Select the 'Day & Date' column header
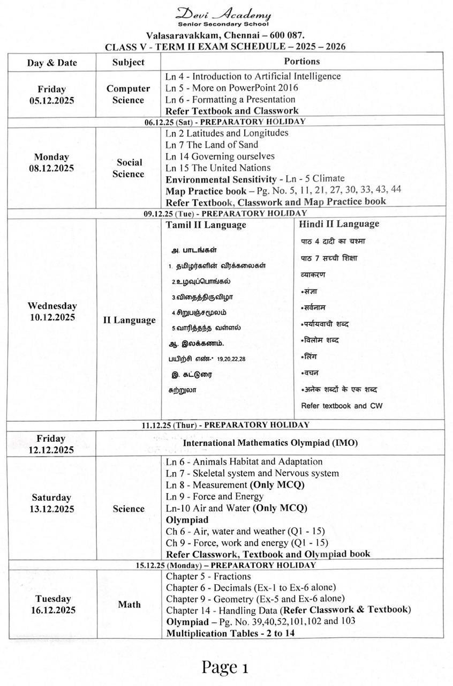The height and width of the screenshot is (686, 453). point(52,63)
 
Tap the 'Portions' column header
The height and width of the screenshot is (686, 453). point(301,62)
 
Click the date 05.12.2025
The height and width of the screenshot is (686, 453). point(52,100)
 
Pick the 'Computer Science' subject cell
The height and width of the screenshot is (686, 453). point(128,94)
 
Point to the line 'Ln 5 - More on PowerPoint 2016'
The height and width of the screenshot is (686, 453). point(232,88)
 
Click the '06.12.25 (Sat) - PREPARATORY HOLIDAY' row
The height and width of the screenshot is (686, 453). point(225,122)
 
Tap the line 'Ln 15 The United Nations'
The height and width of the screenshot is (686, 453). point(218,168)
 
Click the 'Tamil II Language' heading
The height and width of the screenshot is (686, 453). point(206,225)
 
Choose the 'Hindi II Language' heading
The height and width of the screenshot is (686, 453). point(339,224)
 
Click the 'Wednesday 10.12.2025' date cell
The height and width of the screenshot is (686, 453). point(52,311)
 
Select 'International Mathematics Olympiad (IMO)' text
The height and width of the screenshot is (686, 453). point(270,443)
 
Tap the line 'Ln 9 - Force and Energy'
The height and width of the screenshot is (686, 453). point(214,496)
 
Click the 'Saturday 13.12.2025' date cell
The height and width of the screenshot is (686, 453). point(52,503)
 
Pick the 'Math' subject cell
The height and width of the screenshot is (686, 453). point(129,605)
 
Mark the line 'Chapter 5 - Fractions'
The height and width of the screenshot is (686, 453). point(208,577)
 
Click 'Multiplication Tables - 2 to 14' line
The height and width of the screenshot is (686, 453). point(230,633)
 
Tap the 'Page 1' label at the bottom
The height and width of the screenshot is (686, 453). point(225,667)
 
